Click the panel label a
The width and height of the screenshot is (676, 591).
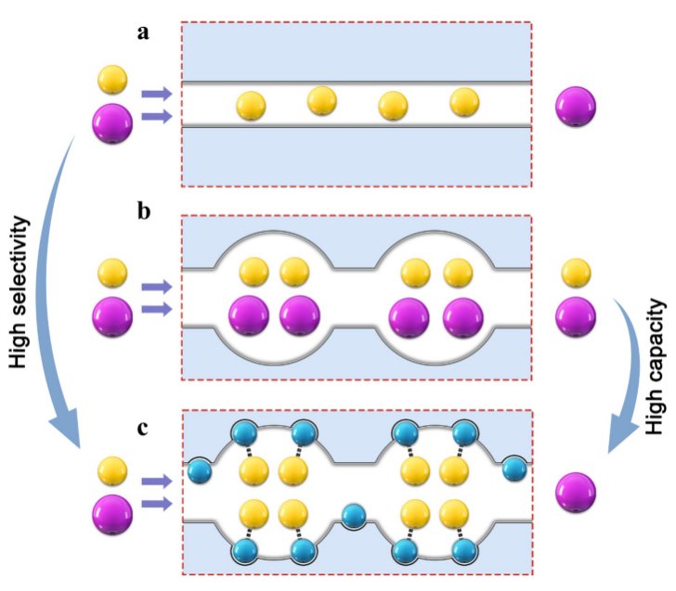[143, 32]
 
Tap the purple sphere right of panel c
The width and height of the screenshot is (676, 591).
[576, 492]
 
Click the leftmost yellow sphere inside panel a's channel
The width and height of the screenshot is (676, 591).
[252, 106]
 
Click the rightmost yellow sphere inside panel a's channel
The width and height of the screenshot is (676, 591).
[464, 102]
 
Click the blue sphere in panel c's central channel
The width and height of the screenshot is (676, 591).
[353, 515]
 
